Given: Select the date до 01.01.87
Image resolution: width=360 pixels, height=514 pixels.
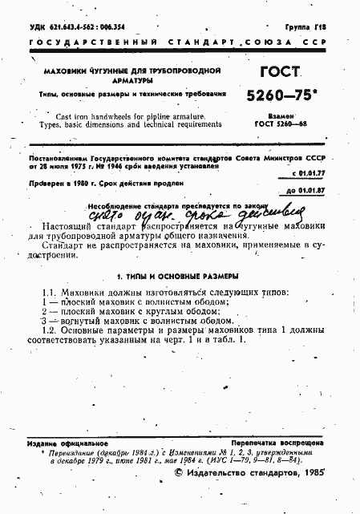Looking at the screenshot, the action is pos(305,191).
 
